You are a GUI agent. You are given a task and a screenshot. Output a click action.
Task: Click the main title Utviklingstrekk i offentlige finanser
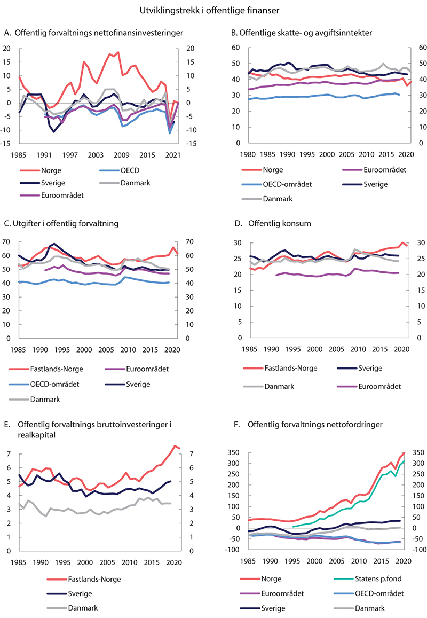213,10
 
